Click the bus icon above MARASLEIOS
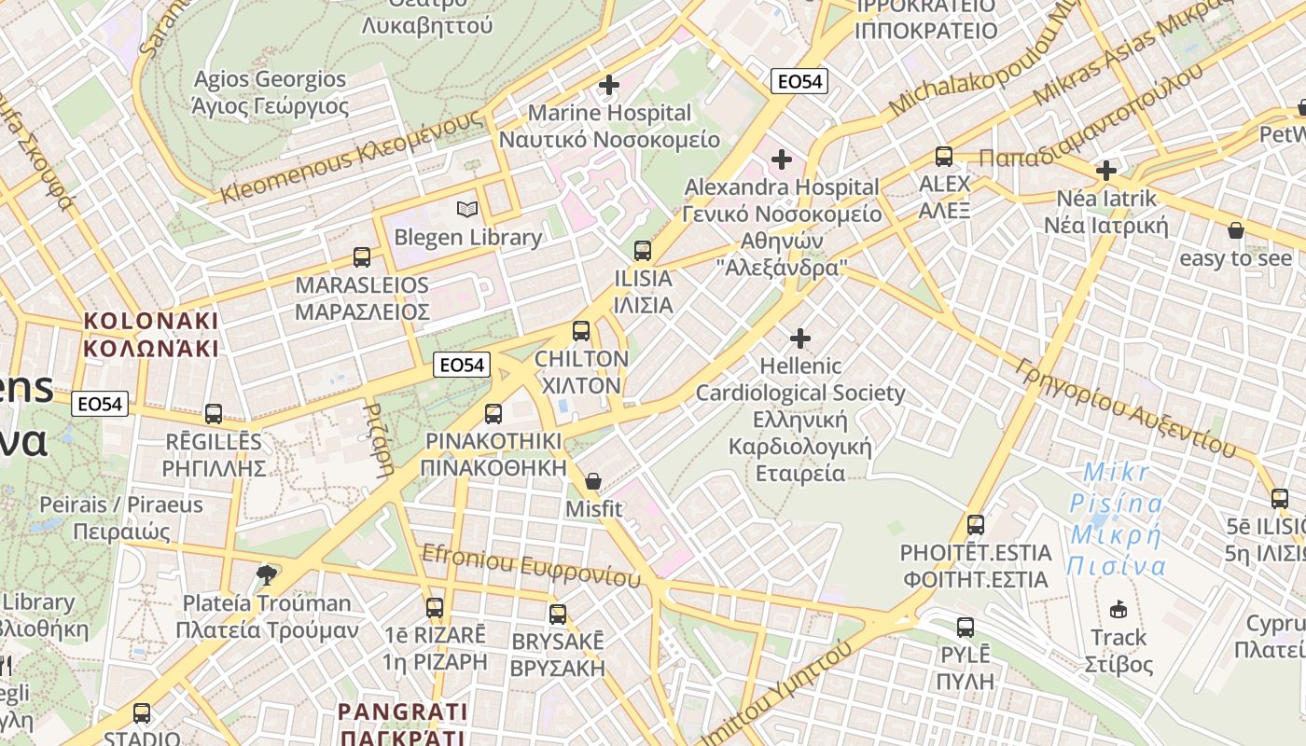[x=362, y=257]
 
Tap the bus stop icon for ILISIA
[x=643, y=250]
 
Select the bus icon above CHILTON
[x=581, y=330]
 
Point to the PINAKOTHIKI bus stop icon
[x=493, y=413]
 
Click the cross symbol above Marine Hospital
[x=609, y=85]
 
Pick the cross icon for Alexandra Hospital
[x=782, y=159]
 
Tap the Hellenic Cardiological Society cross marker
[x=800, y=338]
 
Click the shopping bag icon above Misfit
[x=593, y=481]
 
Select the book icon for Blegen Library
[x=467, y=209]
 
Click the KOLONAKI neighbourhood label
[x=151, y=335]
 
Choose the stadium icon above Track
[x=1118, y=610]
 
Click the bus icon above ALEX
[x=944, y=156]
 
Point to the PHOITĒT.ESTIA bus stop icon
[x=976, y=525]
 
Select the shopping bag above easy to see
[x=1236, y=229]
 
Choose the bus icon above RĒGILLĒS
[x=214, y=413]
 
